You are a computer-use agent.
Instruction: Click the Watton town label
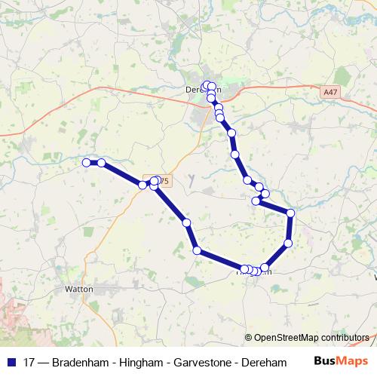(x=79, y=288)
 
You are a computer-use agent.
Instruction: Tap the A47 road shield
(x=329, y=92)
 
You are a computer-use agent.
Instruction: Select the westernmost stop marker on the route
(x=86, y=162)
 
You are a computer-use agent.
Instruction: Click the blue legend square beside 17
(x=12, y=362)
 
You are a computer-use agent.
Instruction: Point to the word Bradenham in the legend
(x=82, y=362)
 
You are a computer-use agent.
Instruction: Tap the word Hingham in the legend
(x=142, y=362)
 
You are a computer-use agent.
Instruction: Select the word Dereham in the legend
(x=264, y=362)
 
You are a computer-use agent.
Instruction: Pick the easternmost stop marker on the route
(x=290, y=213)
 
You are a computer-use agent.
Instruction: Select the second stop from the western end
(x=101, y=163)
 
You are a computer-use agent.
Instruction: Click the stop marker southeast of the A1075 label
(x=155, y=185)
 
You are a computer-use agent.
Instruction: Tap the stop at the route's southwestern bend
(x=197, y=250)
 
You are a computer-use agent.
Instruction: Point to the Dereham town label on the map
(x=200, y=89)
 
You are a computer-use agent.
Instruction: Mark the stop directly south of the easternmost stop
(x=288, y=243)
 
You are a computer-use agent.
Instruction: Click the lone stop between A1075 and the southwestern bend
(x=186, y=222)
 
